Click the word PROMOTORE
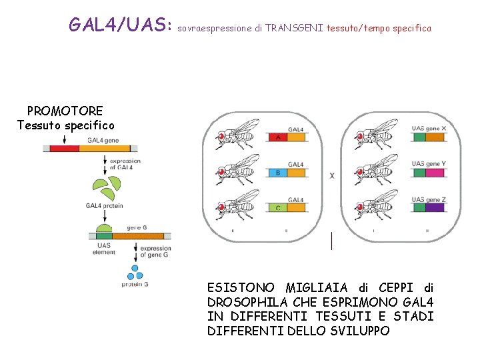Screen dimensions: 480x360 [x=65, y=111]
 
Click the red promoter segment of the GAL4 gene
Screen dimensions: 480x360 [x=64, y=149]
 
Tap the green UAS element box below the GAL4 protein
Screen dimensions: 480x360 [x=104, y=236]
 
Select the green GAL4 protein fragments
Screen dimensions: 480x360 [x=107, y=191]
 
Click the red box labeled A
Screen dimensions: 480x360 [x=277, y=137]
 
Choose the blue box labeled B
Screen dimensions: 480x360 [x=277, y=173]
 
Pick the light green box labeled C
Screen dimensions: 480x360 [x=277, y=208]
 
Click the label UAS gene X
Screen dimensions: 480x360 [x=429, y=128]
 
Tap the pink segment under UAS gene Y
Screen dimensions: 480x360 [x=435, y=173]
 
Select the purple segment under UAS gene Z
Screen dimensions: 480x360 [x=435, y=208]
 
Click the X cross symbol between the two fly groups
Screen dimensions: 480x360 [x=332, y=176]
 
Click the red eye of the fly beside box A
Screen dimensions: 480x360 [x=221, y=135]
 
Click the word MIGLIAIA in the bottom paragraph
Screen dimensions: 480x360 [x=316, y=288]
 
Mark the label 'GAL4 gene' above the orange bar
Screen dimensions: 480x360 [x=103, y=141]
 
